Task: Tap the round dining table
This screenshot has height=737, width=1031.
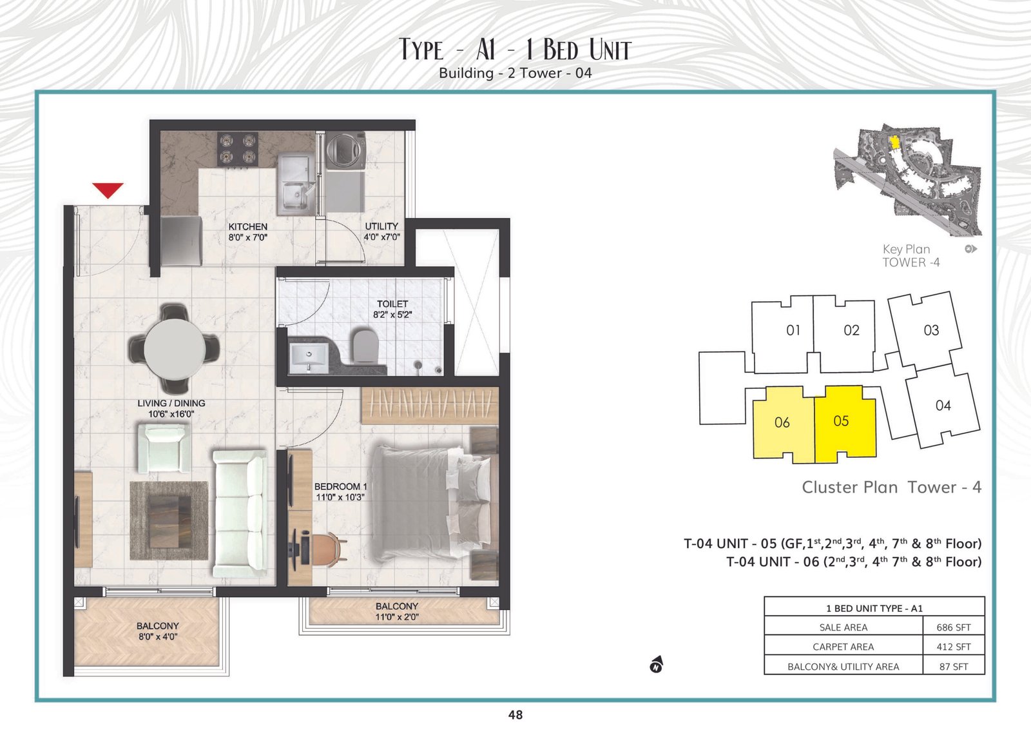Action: pyautogui.click(x=175, y=349)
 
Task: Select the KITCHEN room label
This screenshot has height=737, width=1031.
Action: pyautogui.click(x=247, y=226)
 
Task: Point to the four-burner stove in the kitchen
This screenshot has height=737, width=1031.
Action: pyautogui.click(x=238, y=150)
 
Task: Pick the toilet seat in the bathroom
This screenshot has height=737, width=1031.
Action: pyautogui.click(x=365, y=346)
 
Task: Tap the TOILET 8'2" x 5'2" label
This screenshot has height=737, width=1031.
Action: pyautogui.click(x=392, y=309)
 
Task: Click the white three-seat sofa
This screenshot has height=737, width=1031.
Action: pyautogui.click(x=240, y=513)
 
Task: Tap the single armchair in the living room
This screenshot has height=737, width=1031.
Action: pyautogui.click(x=164, y=448)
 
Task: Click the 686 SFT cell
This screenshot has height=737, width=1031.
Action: pyautogui.click(x=953, y=627)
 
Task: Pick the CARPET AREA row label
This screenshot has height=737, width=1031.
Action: pyautogui.click(x=843, y=647)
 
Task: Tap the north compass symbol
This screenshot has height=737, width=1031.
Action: pyautogui.click(x=657, y=665)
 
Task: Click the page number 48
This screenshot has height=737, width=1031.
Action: pyautogui.click(x=515, y=714)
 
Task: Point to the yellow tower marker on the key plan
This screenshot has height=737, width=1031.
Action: pyautogui.click(x=895, y=142)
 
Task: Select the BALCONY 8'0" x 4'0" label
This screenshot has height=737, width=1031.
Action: pyautogui.click(x=157, y=631)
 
